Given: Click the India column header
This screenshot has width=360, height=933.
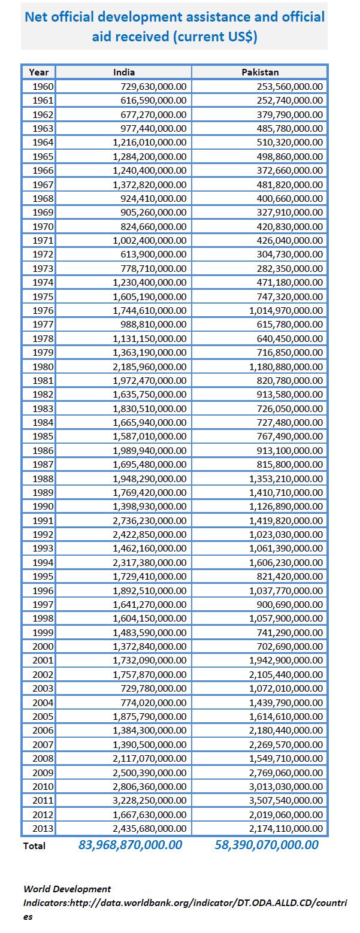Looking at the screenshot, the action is point(124,72).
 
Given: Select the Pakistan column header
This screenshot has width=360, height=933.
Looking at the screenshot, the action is point(260,72).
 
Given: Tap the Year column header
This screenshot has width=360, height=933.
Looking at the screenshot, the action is point(39,72).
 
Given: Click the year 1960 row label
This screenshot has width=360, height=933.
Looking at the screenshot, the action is point(43,86).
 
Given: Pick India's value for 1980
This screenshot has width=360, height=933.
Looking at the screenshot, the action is point(150,366).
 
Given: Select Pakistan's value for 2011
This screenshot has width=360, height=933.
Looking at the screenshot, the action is point(286,800).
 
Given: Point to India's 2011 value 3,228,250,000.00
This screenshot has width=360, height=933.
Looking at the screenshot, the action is point(150,800).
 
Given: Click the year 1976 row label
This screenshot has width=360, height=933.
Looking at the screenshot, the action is point(43,310).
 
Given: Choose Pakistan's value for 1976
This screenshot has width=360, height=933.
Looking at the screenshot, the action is point(286,310).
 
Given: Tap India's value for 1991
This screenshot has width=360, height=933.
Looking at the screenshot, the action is point(150,520).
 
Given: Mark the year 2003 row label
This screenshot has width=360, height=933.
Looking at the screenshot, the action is point(43,688).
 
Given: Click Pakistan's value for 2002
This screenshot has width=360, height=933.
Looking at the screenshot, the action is point(286,674).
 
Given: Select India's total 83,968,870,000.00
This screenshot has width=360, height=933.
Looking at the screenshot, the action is point(130,845).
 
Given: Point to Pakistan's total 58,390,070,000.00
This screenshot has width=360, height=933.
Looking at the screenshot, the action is point(266,845).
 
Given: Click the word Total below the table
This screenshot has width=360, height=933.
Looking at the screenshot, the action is point(34,846).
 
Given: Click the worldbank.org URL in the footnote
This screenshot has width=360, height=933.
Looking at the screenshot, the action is point(185,902).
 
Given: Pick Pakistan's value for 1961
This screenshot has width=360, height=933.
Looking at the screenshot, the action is point(289,100).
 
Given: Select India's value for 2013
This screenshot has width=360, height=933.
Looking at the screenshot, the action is point(150,828).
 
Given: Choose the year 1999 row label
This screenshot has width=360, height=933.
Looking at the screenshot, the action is point(43,632).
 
